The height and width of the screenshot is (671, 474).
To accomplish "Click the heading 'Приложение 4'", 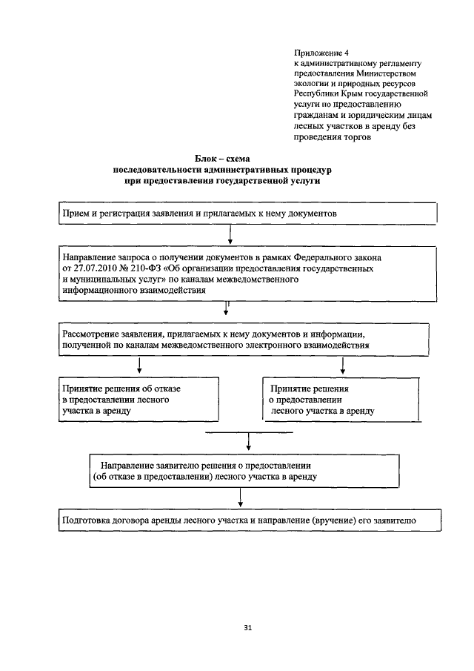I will tap(321, 53).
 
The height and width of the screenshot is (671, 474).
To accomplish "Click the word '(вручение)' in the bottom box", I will tap(337, 520).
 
